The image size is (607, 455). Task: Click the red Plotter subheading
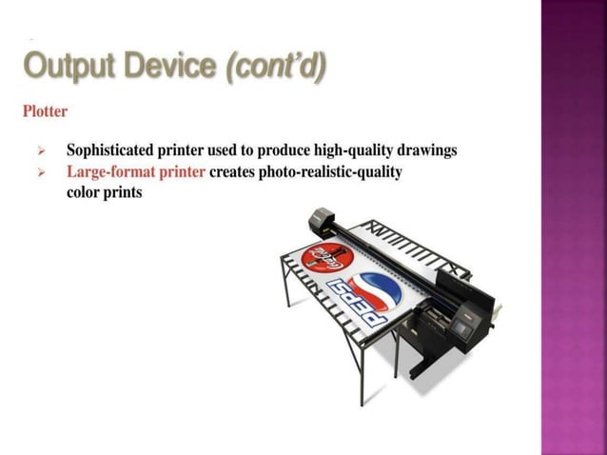tap(45, 111)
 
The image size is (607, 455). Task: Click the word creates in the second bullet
tap(232, 172)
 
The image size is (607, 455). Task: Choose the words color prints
tap(104, 191)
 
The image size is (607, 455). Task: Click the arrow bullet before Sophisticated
tap(41, 151)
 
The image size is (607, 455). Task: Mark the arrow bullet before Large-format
tap(41, 173)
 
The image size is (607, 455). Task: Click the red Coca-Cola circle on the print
tap(324, 253)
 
